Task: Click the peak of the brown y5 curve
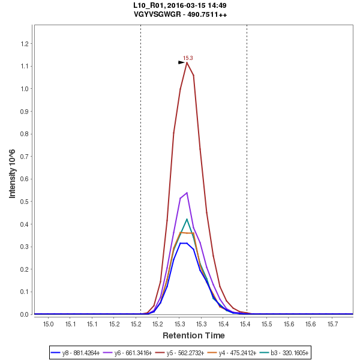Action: (x=187, y=62)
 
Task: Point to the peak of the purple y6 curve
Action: (x=187, y=193)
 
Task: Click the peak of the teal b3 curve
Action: (x=187, y=219)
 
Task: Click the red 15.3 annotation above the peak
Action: (x=188, y=58)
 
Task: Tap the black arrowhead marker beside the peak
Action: (x=181, y=62)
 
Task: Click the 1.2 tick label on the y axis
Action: (x=25, y=44)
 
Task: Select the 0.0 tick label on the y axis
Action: (x=25, y=314)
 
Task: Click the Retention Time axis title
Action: (x=194, y=335)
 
